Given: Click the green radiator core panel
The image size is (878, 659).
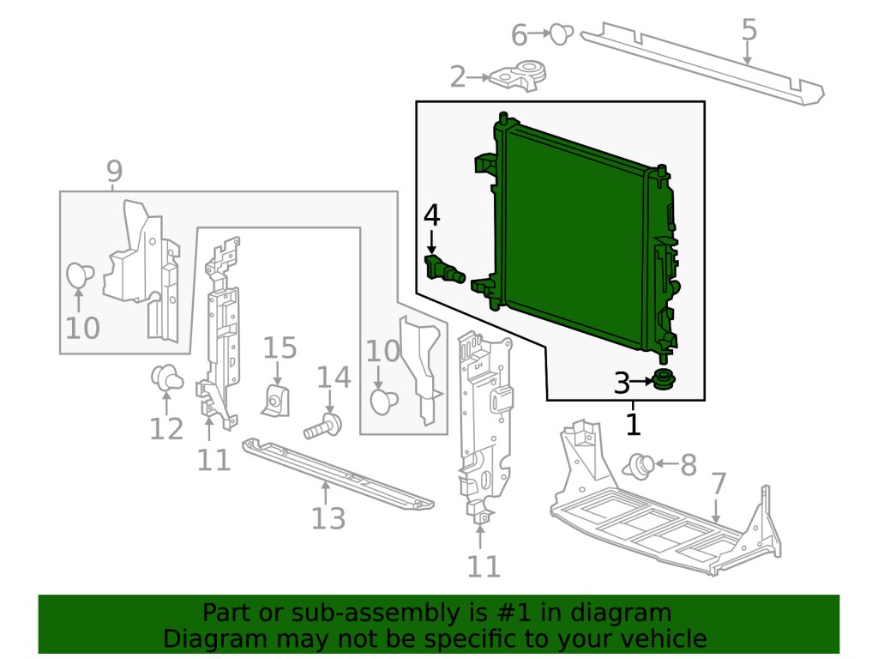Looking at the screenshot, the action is [574, 232].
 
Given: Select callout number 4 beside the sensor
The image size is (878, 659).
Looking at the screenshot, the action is [431, 215].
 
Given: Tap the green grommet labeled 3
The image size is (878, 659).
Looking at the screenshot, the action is [662, 378].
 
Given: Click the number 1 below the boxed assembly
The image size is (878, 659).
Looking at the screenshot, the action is [633, 423].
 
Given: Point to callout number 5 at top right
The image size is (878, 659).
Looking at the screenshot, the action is [749, 30].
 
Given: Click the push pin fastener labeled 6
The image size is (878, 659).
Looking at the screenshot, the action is [561, 34].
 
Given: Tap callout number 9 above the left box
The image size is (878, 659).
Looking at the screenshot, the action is [114, 172].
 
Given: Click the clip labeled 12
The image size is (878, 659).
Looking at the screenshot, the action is [165, 378].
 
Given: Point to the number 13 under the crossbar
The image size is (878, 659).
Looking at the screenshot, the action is [328, 518].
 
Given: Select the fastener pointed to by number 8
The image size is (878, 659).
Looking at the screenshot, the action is [639, 466].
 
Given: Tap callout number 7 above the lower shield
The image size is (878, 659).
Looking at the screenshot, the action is [719, 484].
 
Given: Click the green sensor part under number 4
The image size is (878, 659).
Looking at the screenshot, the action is [444, 269].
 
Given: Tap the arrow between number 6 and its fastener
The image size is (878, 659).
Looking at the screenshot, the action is [540, 33].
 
